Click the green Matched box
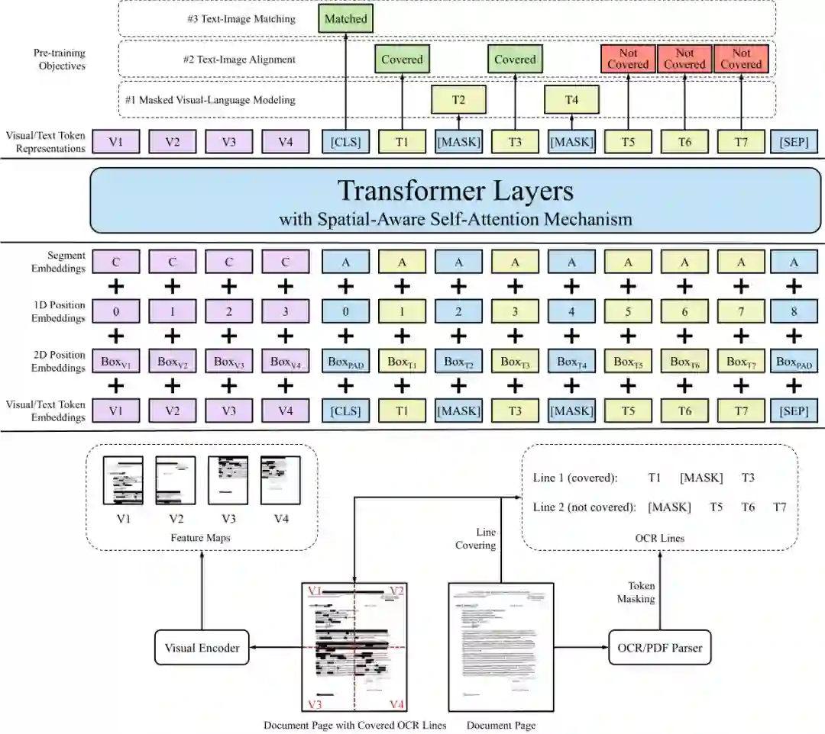coord(345,18)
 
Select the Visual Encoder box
coord(202,648)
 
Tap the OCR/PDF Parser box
coord(660,648)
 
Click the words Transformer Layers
coord(455,191)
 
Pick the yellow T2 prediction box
coord(458,99)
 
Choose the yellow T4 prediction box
coord(571,99)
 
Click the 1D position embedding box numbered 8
coord(794,311)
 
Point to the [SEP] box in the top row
coord(794,141)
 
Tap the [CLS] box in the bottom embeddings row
coord(345,410)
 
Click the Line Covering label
coord(476,539)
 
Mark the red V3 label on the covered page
coord(315,703)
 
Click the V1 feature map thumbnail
coord(123,480)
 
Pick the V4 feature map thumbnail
coord(280,480)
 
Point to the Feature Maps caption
coord(202,538)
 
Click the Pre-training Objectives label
coord(59,60)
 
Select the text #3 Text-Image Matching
coord(241,18)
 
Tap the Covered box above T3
coord(515,60)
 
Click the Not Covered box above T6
coord(684,59)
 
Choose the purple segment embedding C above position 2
coord(228,262)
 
